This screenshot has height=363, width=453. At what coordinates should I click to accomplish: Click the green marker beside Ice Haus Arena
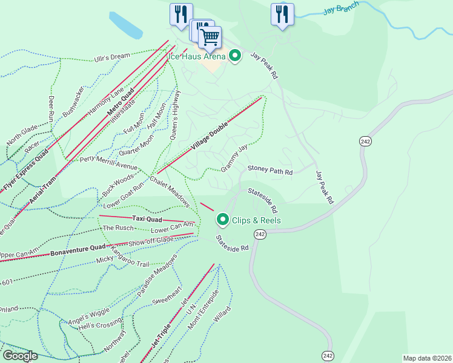tap(235, 56)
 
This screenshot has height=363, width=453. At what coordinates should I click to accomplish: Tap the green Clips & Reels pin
tap(223, 220)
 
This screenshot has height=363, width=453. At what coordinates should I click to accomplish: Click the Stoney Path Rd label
tap(269, 171)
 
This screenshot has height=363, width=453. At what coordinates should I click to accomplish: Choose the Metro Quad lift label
tap(121, 104)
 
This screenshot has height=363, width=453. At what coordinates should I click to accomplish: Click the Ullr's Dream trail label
tap(112, 57)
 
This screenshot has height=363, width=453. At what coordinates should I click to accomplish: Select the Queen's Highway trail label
tap(174, 115)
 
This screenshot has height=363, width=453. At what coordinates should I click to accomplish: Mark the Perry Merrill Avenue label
tap(109, 163)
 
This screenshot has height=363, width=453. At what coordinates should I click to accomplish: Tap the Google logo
tap(19, 356)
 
